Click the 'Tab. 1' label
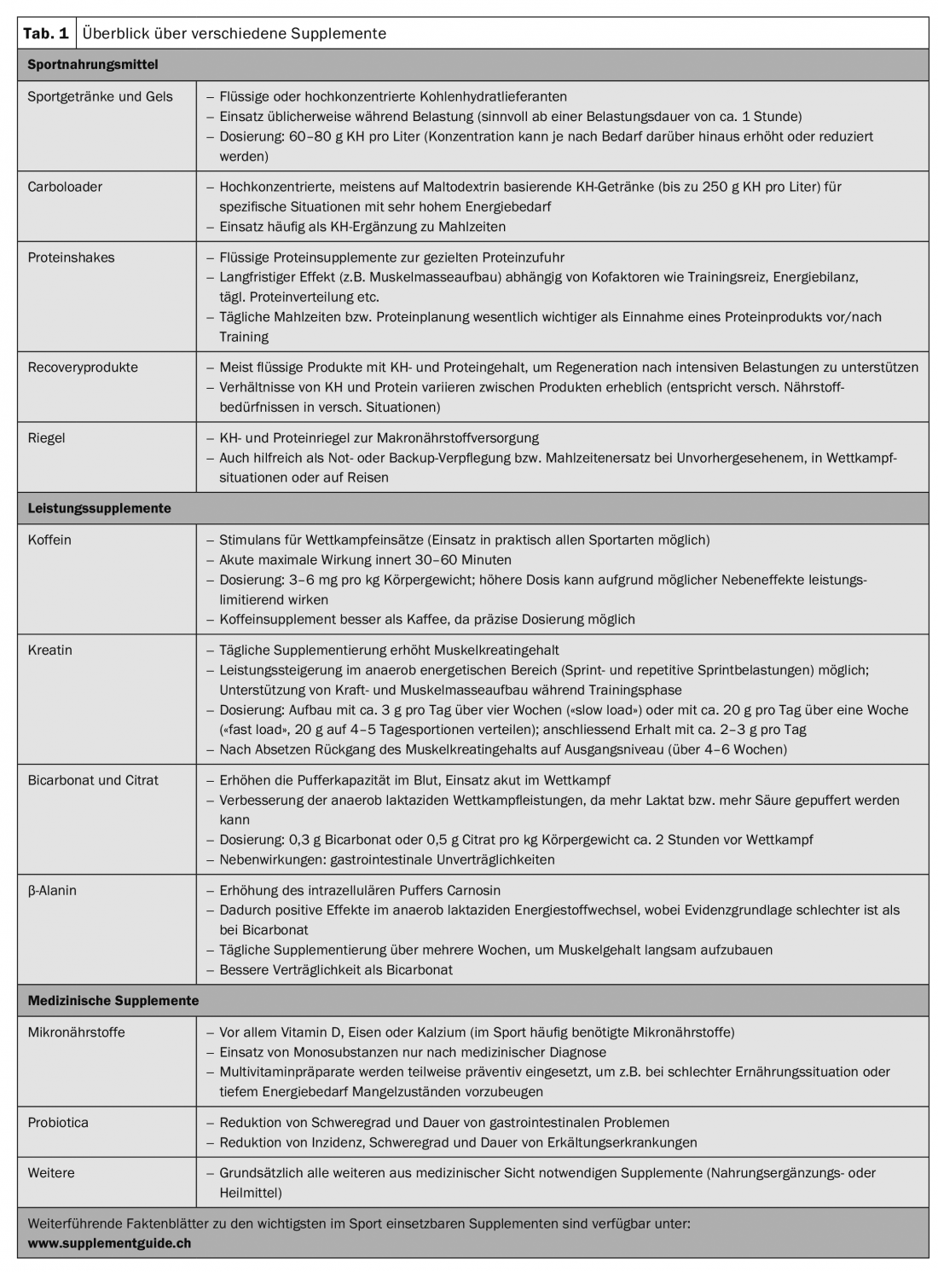(x=46, y=33)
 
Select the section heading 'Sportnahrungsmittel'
(x=92, y=65)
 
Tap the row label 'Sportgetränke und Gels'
(x=100, y=96)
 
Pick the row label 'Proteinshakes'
(x=71, y=257)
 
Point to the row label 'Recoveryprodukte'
(x=83, y=367)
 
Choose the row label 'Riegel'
(x=46, y=438)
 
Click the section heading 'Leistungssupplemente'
(x=99, y=509)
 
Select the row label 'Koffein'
(x=49, y=541)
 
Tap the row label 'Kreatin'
(x=49, y=650)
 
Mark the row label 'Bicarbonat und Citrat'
(x=93, y=780)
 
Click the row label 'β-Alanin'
(x=52, y=890)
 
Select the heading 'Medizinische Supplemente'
(x=113, y=1001)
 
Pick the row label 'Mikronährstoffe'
(x=76, y=1032)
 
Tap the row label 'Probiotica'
(x=58, y=1123)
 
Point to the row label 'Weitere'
(x=51, y=1173)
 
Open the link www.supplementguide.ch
(x=109, y=1243)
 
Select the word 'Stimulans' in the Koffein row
(x=249, y=541)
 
